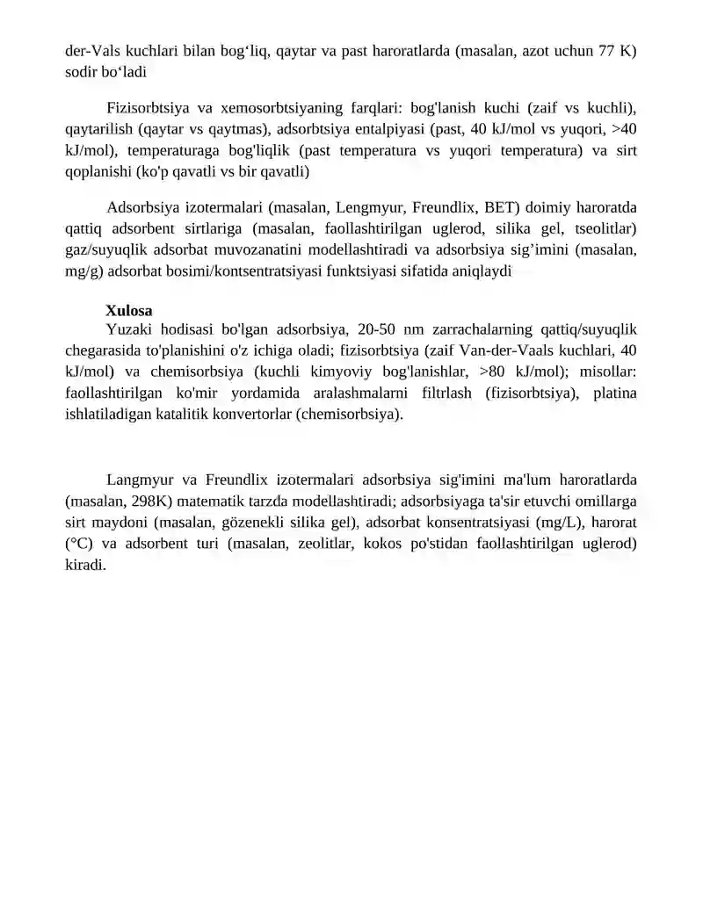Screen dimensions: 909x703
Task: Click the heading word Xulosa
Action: (x=129, y=311)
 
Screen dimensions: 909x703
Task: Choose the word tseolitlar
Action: (x=604, y=229)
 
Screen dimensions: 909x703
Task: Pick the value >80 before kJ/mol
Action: (x=496, y=372)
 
